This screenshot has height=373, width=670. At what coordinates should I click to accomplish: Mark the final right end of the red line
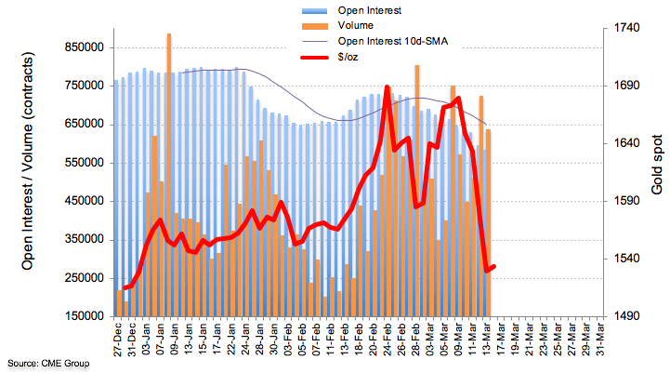click(493, 266)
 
